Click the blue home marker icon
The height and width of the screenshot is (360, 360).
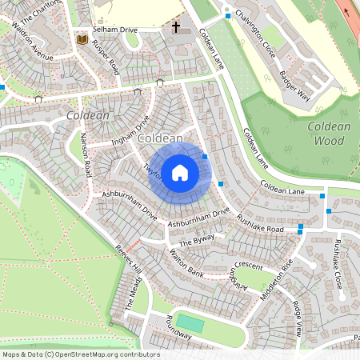(180, 173)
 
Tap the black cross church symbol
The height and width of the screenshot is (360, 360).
(175, 27)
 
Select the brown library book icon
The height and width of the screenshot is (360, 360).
(82, 38)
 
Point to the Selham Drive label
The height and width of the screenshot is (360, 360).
(115, 29)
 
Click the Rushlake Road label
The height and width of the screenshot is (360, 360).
(264, 222)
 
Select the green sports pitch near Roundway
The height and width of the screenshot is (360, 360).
(190, 323)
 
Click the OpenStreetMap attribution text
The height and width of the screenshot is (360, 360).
(80, 354)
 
